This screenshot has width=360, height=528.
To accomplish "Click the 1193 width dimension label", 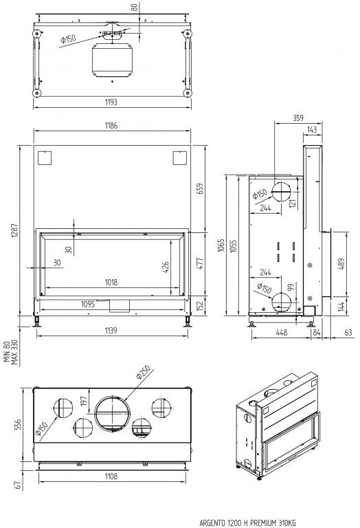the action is click(111, 102).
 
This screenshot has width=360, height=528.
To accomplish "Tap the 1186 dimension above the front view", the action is click(111, 126).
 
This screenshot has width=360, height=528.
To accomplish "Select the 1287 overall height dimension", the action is click(14, 231).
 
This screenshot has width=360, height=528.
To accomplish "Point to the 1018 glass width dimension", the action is click(111, 282).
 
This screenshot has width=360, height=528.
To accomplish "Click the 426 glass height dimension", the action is click(166, 267).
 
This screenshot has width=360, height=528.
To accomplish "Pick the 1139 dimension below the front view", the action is click(111, 330).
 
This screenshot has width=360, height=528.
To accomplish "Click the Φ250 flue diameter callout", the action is click(143, 372).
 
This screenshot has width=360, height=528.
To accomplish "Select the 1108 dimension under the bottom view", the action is click(111, 476).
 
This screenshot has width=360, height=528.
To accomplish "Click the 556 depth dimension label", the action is click(18, 424).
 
